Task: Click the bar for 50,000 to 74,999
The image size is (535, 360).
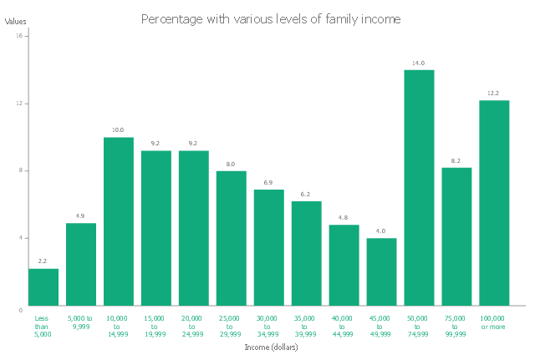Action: point(419,188)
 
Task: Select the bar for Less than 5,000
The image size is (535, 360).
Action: point(43,286)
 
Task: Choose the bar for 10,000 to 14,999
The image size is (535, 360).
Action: point(119,221)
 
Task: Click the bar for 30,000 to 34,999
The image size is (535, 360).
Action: point(269,247)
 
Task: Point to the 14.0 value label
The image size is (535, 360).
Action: point(419,63)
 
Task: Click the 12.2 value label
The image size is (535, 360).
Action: point(494,94)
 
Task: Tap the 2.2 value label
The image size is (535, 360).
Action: point(43,262)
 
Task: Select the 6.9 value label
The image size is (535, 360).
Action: point(269,183)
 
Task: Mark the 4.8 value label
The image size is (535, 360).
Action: point(344,218)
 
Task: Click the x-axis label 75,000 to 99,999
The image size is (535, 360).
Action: point(456,326)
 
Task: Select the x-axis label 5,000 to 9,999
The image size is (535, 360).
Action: point(81,322)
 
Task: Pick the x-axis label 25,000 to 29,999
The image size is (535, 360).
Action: point(232,326)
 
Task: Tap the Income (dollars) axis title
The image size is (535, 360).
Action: point(271,347)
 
